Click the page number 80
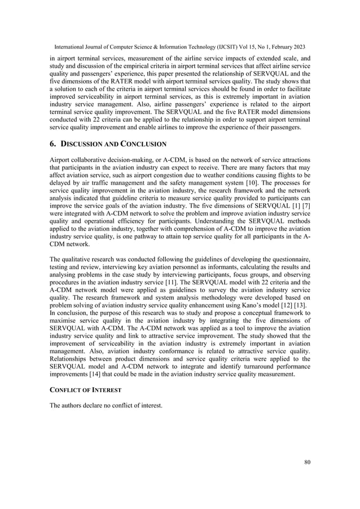click(306, 463)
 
